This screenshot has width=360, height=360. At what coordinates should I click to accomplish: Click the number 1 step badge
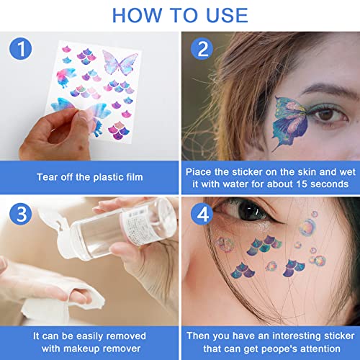point(21,49)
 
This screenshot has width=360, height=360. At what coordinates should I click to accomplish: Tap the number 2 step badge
point(202,49)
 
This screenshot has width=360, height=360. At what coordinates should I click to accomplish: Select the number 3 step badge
point(21,214)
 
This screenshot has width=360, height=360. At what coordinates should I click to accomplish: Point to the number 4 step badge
point(202,214)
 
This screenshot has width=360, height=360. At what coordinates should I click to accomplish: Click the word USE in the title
point(227,15)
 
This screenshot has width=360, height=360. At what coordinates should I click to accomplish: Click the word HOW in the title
point(138,15)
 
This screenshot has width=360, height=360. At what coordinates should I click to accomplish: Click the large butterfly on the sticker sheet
point(120,63)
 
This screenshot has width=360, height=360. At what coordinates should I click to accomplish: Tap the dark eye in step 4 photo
point(250,211)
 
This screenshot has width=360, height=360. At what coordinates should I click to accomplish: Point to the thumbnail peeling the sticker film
point(83,116)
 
